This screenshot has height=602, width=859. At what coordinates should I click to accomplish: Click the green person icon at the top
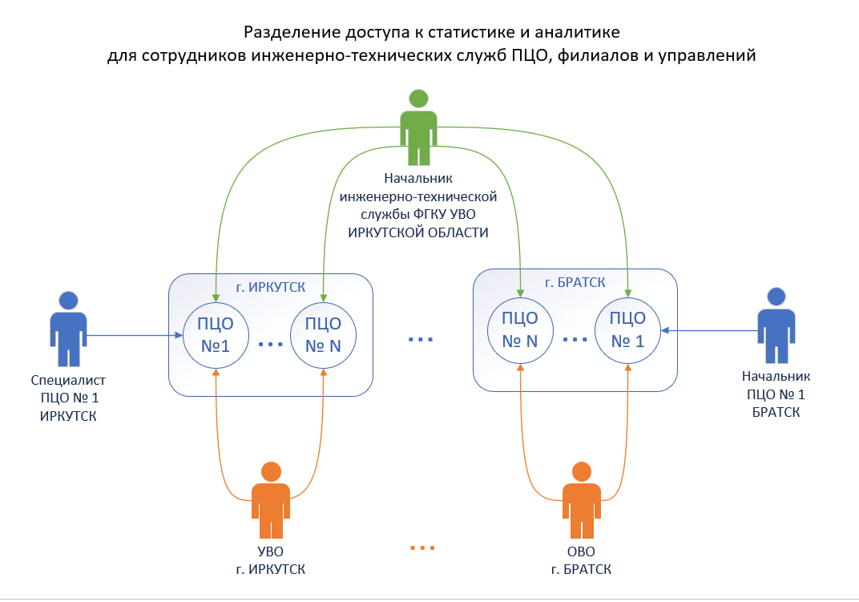pyautogui.click(x=417, y=128)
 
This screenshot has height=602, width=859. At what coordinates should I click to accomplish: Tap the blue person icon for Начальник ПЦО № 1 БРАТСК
pyautogui.click(x=777, y=325)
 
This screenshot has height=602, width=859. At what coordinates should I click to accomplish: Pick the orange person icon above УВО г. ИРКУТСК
pyautogui.click(x=271, y=499)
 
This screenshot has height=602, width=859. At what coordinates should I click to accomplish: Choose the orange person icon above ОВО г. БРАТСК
pyautogui.click(x=581, y=499)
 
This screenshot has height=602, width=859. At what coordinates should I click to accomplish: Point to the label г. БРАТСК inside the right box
pyautogui.click(x=575, y=281)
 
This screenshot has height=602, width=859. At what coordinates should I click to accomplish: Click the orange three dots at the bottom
pyautogui.click(x=421, y=548)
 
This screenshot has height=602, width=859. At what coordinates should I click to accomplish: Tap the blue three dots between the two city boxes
pyautogui.click(x=421, y=340)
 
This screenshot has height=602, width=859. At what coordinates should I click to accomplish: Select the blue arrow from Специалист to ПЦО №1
pyautogui.click(x=132, y=335)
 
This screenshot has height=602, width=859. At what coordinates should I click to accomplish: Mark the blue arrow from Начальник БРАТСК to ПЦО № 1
pyautogui.click(x=709, y=329)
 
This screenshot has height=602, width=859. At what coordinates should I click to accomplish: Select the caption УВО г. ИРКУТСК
pyautogui.click(x=271, y=560)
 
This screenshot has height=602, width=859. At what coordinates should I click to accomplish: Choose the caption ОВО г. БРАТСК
pyautogui.click(x=581, y=560)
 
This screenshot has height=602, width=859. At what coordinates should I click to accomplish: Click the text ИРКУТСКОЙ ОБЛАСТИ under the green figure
pyautogui.click(x=417, y=232)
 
